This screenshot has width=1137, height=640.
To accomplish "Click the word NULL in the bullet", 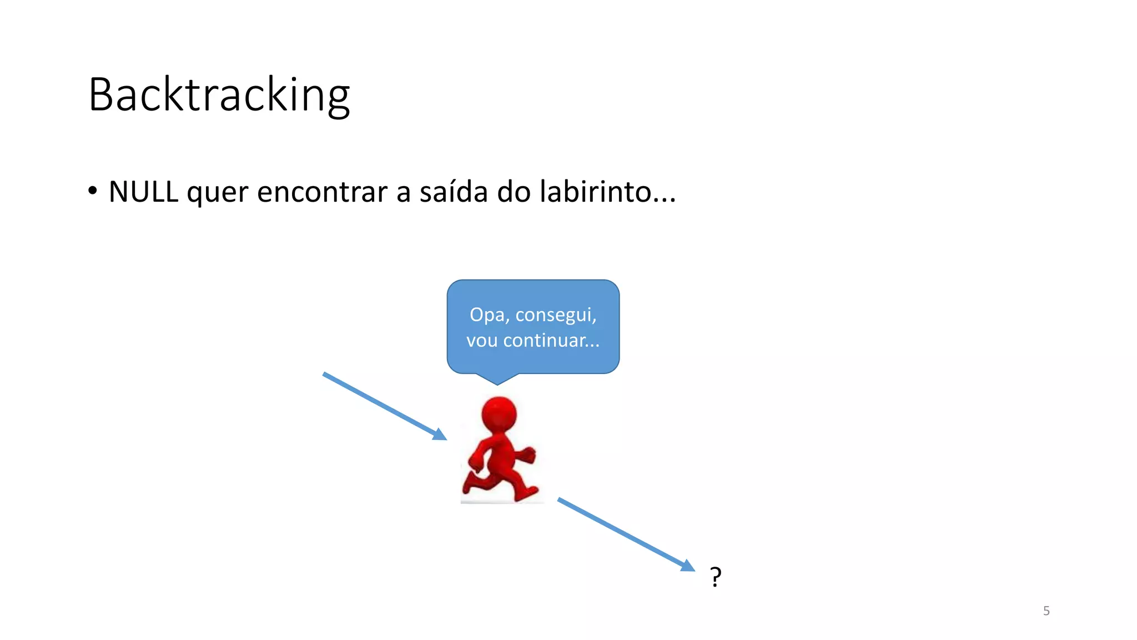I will click(143, 192).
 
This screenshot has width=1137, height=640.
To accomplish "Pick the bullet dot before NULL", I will click(93, 191).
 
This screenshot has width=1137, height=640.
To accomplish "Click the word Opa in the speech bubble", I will click(487, 315).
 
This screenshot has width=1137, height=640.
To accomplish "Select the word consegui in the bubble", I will click(555, 315).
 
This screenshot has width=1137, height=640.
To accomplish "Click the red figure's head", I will click(499, 414).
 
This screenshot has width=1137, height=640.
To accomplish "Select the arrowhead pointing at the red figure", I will click(440, 434).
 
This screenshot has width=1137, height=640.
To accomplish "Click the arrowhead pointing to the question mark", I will click(688, 566).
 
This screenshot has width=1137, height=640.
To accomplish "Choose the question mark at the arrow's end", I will click(716, 577).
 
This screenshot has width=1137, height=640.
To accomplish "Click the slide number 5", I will click(1046, 611).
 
